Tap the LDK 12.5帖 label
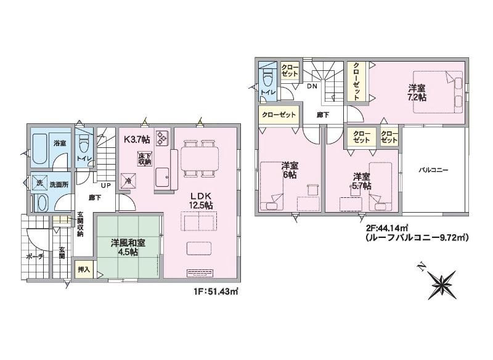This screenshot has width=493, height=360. [201, 200]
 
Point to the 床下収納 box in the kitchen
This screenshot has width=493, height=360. [144, 158]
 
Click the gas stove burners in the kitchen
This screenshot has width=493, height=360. [161, 137]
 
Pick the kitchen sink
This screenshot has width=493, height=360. [163, 178]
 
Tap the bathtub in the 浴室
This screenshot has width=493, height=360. [39, 149]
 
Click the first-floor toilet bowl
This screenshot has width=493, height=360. [84, 145]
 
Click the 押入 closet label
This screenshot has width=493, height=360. [84, 269]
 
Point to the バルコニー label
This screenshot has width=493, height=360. [433, 170]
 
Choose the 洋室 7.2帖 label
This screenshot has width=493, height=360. [417, 92]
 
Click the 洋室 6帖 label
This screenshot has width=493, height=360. [289, 170]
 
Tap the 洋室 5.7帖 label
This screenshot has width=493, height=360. [361, 181]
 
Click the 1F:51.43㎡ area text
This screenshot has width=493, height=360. [216, 292]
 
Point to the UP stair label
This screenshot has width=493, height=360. [105, 186]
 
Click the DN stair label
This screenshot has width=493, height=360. [312, 86]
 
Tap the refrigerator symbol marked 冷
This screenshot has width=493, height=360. [129, 181]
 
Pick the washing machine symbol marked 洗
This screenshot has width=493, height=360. [39, 183]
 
